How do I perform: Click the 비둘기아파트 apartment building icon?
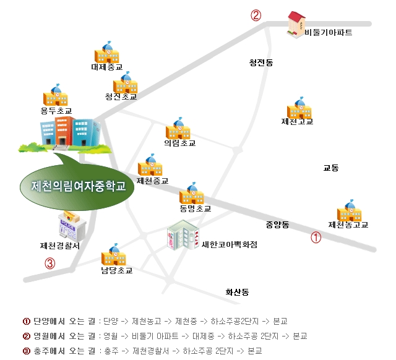coord(296,24)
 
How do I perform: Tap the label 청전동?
coord(261,62)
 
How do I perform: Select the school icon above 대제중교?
coord(106,52)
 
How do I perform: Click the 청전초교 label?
coord(121,96)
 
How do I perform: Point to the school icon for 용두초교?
coord(56,96)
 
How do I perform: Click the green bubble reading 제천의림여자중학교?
coord(78,185)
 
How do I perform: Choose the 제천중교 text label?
coord(153,181)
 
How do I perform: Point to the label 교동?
coord(331,168)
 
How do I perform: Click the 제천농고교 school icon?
coord(348,211)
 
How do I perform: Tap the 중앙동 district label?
coord(277,224)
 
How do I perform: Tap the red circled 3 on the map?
coord(50,263)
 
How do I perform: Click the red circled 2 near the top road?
coord(256,15)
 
